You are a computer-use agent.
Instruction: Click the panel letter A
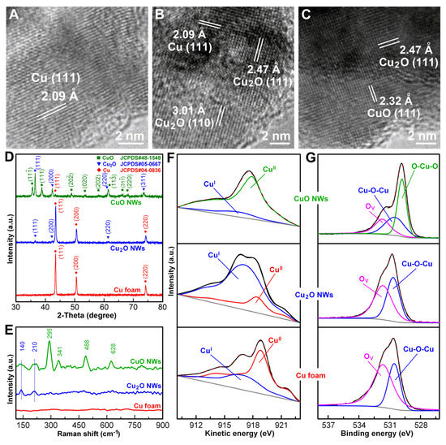click(x=11, y=11)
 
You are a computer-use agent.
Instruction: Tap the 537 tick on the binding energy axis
click(x=328, y=424)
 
